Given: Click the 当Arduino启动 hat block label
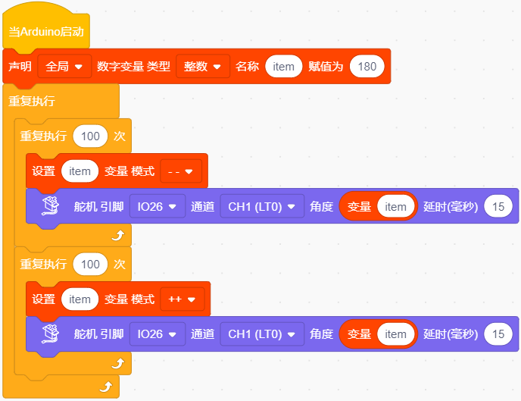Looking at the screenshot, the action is click(x=46, y=32).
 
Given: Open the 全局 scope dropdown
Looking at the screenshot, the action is click(x=64, y=67).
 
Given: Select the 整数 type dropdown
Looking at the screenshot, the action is click(x=203, y=67).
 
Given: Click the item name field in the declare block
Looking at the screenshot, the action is click(x=283, y=67).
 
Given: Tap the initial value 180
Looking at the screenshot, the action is click(x=367, y=67).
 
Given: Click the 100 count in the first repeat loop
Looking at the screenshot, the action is click(x=90, y=136).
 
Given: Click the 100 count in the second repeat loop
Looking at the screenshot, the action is click(x=90, y=265).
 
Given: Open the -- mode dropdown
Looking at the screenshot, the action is click(x=181, y=171).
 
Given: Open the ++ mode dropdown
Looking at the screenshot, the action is click(x=182, y=299).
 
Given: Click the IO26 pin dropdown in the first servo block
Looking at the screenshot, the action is click(x=158, y=206).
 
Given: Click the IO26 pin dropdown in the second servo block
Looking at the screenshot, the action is click(x=158, y=334).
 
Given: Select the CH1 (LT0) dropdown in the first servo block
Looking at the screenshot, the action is click(x=262, y=206).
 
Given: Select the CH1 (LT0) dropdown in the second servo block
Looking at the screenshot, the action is click(x=262, y=334).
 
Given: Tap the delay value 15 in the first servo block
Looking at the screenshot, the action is click(x=498, y=206).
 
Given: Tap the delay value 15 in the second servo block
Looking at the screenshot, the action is click(x=498, y=334).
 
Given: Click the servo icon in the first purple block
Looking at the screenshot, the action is click(x=51, y=206).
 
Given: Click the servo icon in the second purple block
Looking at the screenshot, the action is click(x=51, y=334).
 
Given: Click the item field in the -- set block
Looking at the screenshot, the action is click(x=80, y=171).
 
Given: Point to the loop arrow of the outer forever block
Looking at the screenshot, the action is click(x=106, y=387).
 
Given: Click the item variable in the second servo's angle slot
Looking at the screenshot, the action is click(x=395, y=334).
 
